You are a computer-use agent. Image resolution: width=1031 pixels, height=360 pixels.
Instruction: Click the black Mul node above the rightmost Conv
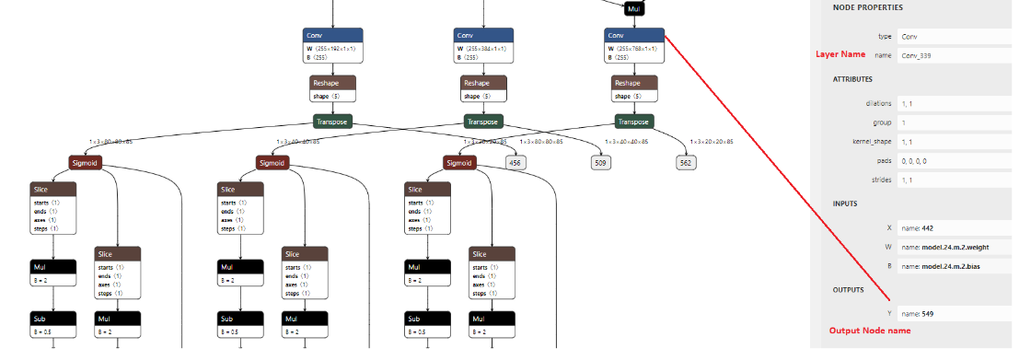pyautogui.click(x=633, y=8)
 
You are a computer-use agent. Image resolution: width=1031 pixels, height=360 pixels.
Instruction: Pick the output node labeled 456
pyautogui.click(x=515, y=162)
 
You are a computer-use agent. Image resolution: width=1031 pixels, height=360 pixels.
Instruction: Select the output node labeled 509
pyautogui.click(x=602, y=162)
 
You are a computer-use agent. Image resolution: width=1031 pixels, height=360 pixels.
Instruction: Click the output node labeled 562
pyautogui.click(x=685, y=162)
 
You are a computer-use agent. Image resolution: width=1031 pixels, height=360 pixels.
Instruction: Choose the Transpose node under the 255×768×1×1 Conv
pyautogui.click(x=633, y=122)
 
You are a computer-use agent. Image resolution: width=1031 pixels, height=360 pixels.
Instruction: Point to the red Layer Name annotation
pyautogui.click(x=841, y=54)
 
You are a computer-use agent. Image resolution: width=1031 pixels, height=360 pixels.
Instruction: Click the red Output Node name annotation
pyautogui.click(x=869, y=331)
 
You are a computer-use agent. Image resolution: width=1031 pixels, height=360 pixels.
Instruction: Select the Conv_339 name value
pyautogui.click(x=921, y=55)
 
